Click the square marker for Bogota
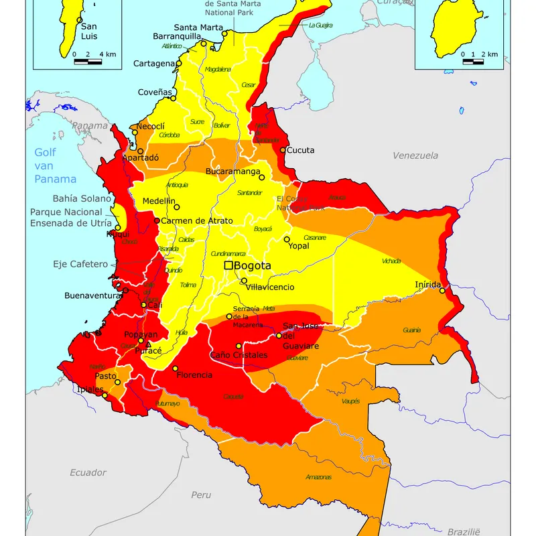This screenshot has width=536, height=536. coord(228,266)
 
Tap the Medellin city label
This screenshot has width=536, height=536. coord(159,200)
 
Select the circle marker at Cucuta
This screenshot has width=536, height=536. coord(283,150)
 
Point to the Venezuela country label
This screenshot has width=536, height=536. coord(415,155)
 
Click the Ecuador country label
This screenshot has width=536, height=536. coord(88,472)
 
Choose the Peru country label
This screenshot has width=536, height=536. coord(201,494)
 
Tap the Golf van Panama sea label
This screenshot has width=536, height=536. coord(55,165)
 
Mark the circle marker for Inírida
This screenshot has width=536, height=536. coord(442,290)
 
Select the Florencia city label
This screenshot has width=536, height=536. coord(194,375)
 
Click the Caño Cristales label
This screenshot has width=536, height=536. coord(239,355)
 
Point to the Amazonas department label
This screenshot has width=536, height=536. coord(318,477)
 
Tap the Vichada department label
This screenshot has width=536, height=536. coord(391,261)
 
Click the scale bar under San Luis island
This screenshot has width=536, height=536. coord(88,62)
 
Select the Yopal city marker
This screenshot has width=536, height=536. coord(287,239)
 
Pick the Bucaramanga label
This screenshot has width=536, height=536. coord(232,172)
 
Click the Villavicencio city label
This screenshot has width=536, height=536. coord(270,287)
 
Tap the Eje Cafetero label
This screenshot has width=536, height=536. coord(80,264)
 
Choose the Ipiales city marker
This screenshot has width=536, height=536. coord(105,395)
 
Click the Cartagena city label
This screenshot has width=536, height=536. coord(153,64)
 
